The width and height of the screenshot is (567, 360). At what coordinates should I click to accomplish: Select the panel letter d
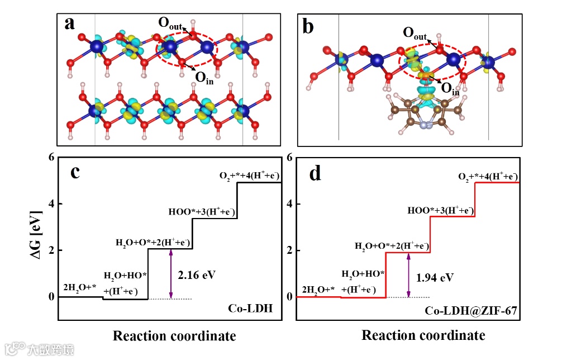point(315,173)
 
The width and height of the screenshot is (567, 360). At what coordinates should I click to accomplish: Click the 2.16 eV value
point(197,275)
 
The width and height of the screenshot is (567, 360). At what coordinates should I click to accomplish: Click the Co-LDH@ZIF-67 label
point(472,310)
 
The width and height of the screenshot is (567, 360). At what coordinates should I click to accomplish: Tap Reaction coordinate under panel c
point(174,336)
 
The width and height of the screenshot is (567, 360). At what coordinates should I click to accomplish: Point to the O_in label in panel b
point(450,88)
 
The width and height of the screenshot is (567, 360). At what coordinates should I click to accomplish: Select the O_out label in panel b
point(414,32)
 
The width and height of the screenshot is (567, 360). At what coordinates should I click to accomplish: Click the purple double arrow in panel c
point(171,273)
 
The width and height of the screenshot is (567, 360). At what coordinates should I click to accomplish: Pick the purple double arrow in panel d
point(409,275)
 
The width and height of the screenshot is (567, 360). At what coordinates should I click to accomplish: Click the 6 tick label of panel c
point(51,158)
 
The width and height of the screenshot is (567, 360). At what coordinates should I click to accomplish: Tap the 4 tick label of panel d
point(289,204)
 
